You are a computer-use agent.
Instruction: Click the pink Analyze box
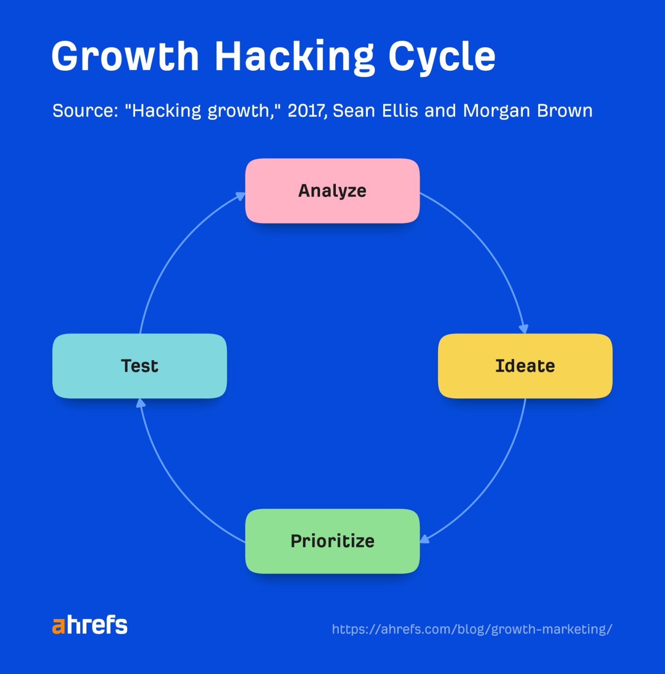(x=332, y=191)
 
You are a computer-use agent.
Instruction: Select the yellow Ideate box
(x=525, y=366)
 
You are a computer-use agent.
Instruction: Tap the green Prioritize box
(x=332, y=541)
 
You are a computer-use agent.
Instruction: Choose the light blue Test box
(x=140, y=366)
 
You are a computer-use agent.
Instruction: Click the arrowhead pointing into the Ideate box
(x=523, y=329)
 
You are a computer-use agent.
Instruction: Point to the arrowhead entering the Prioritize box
(x=424, y=539)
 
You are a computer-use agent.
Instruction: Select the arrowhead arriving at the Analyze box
(x=240, y=196)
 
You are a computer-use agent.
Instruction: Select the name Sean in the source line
(x=354, y=111)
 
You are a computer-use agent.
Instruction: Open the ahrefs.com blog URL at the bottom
(x=472, y=629)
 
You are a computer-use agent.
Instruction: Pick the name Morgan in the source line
(x=496, y=111)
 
